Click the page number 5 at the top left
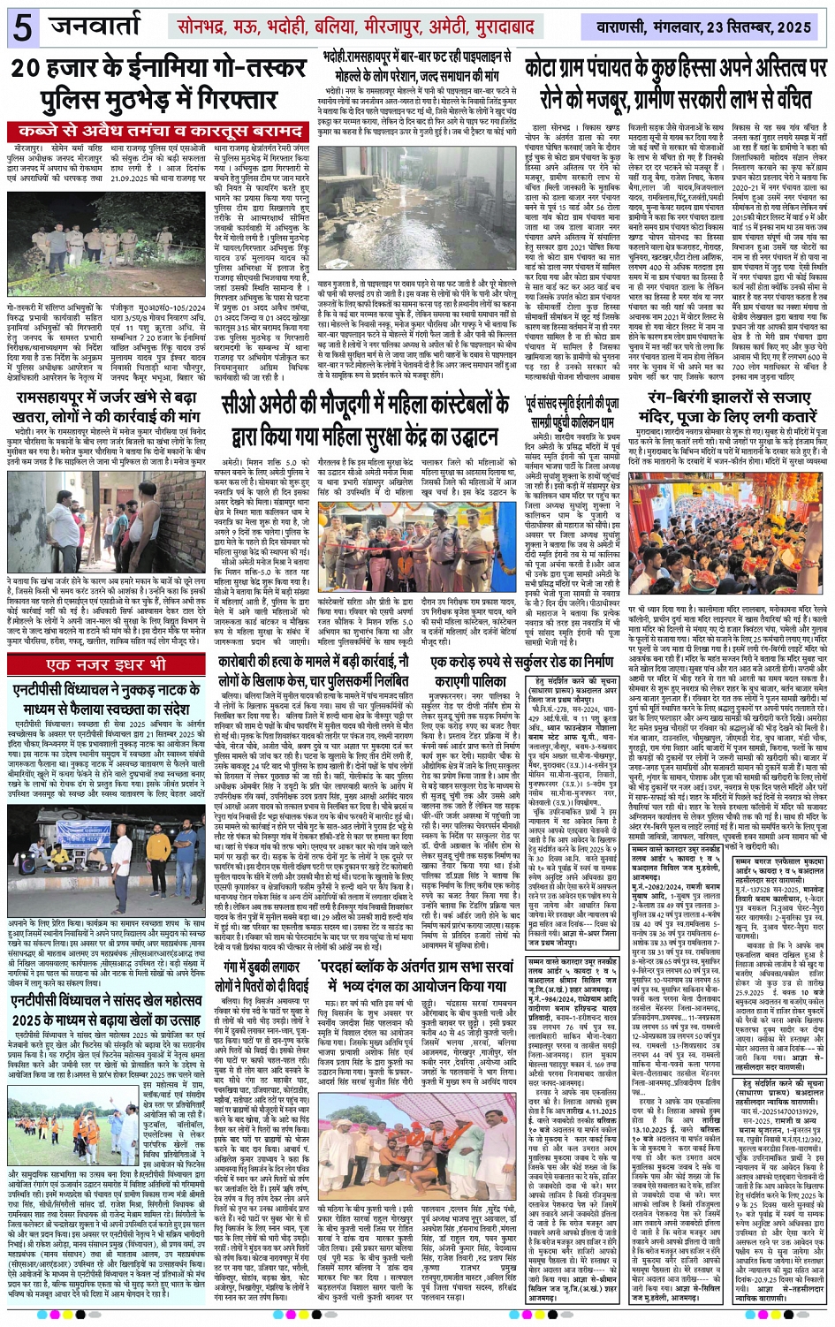(20, 27)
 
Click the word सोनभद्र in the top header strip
(206, 27)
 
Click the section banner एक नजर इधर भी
(106, 664)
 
